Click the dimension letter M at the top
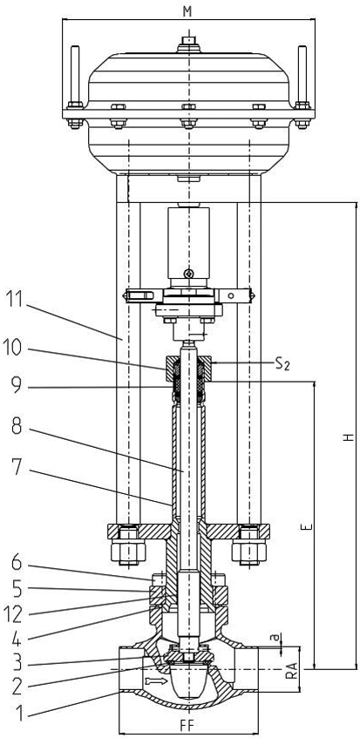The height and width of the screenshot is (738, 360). point(187,12)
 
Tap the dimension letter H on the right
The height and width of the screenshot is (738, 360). point(348,437)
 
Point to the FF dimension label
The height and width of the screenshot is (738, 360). point(187,723)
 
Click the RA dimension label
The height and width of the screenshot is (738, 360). point(292,668)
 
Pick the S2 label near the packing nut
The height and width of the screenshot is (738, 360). point(281,364)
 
